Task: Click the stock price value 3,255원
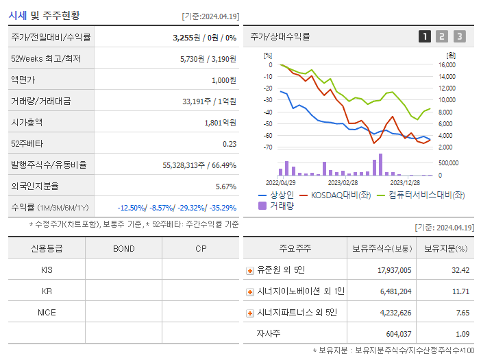tap(184, 38)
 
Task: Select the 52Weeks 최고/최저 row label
tap(46, 59)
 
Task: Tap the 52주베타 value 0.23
tap(230, 144)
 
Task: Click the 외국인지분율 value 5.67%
tap(225, 187)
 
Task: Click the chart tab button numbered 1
tap(425, 36)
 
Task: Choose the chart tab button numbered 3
tap(459, 36)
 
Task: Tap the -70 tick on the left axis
tap(268, 147)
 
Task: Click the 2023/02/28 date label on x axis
tap(343, 183)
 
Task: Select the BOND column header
tap(124, 248)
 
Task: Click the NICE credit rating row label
tap(47, 312)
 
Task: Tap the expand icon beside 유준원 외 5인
tap(250, 271)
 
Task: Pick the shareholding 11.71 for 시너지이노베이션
tap(460, 291)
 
